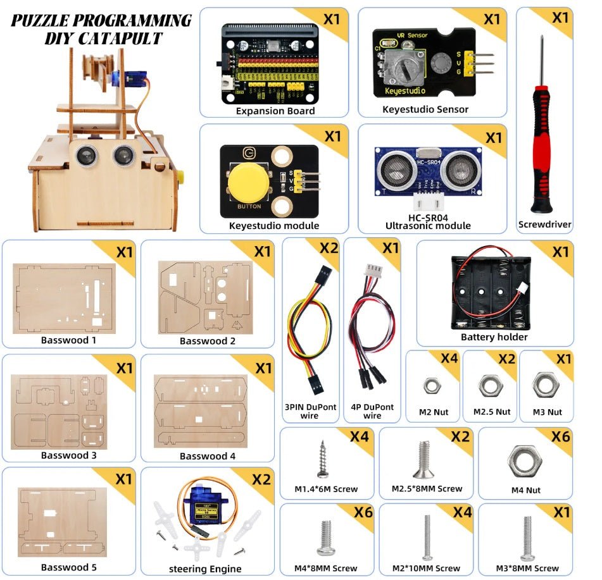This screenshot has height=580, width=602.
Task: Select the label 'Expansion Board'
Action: click(275, 111)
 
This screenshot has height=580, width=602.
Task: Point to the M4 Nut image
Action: click(525, 460)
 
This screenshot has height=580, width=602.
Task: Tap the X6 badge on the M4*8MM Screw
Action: click(363, 512)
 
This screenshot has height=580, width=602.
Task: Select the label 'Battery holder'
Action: click(494, 337)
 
